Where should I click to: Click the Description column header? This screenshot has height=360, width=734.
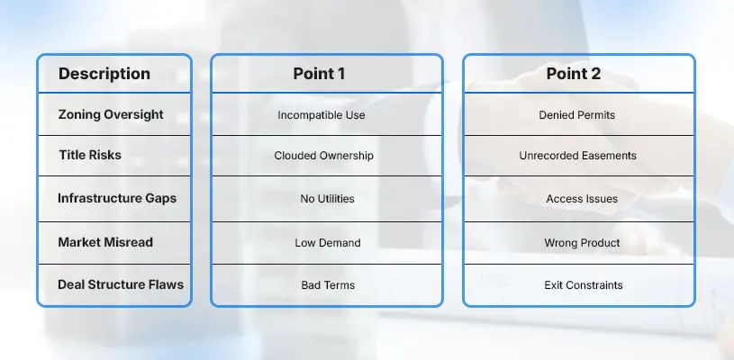pyautogui.click(x=104, y=74)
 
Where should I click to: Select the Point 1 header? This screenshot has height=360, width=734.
pyautogui.click(x=319, y=74)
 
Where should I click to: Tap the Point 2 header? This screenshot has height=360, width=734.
pyautogui.click(x=574, y=74)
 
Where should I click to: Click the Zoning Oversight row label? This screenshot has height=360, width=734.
pyautogui.click(x=111, y=115)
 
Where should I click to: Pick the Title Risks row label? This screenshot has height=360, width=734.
pyautogui.click(x=90, y=155)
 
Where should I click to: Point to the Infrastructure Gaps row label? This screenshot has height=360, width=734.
pyautogui.click(x=117, y=198)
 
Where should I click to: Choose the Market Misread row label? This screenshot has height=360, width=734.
pyautogui.click(x=105, y=242)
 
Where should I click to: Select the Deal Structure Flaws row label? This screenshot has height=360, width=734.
pyautogui.click(x=121, y=284)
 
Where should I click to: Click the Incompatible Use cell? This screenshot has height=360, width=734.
pyautogui.click(x=322, y=115)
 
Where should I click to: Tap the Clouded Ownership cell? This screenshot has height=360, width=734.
pyautogui.click(x=324, y=156)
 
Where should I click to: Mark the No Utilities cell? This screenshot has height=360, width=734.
pyautogui.click(x=327, y=199)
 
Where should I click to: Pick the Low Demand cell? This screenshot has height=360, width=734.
pyautogui.click(x=328, y=243)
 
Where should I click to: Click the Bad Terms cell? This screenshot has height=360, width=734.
pyautogui.click(x=328, y=285)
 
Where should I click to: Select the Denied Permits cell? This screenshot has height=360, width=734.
pyautogui.click(x=577, y=115)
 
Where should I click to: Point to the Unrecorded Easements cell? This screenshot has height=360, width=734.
pyautogui.click(x=577, y=156)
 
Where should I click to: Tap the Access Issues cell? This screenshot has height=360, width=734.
pyautogui.click(x=582, y=199)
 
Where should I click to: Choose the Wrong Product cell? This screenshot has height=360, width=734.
pyautogui.click(x=582, y=243)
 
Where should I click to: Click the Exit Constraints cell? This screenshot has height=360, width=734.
pyautogui.click(x=584, y=285)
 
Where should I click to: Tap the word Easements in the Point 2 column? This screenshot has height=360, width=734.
pyautogui.click(x=609, y=156)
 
